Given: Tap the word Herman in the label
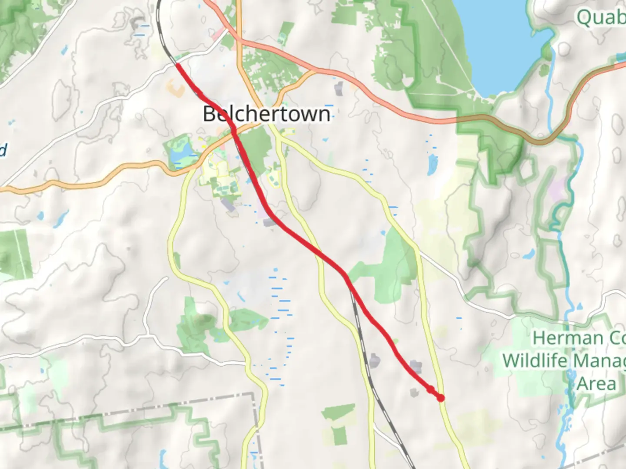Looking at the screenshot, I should (561, 338).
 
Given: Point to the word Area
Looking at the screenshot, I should (596, 384).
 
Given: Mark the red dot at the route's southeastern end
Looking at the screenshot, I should (441, 398).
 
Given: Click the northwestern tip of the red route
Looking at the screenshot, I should (177, 64).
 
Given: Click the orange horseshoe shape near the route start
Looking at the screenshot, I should (176, 89).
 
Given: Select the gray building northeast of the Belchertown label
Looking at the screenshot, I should (339, 88).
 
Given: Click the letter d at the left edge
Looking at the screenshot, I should (3, 150).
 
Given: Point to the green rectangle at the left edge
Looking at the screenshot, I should (16, 254).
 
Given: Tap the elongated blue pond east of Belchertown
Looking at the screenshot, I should (433, 164).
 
